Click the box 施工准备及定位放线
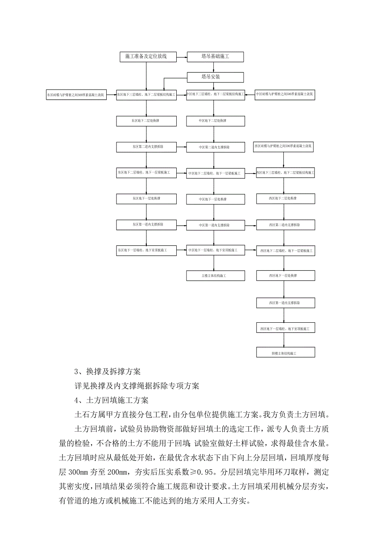coord(146,56)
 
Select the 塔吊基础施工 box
coord(216,56)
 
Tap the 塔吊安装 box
coord(216,77)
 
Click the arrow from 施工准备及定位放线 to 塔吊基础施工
coord(181,56)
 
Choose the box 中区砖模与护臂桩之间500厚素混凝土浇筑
coord(285,95)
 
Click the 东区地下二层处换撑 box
coord(146,121)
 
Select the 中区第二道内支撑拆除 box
coord(216,147)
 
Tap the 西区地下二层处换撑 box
coord(286,199)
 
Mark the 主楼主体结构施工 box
coord(216,276)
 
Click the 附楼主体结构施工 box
coord(286,352)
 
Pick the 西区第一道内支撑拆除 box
coord(286,303)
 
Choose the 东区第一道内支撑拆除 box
coord(146,224)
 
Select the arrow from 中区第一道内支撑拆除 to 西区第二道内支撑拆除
coord(251,225)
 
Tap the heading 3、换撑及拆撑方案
coord(110,372)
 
